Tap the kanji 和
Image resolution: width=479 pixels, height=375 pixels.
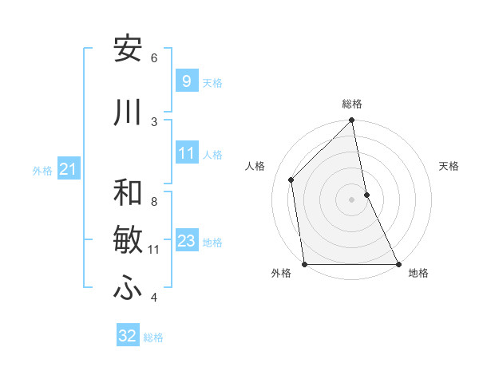[129, 192]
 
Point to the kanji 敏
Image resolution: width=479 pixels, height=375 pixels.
[129, 239]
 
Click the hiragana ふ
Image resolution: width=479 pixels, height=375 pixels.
[129, 289]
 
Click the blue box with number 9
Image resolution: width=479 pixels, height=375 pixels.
[186, 81]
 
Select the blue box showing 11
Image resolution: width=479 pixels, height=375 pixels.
[186, 154]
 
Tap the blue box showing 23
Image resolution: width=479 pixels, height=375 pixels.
[186, 242]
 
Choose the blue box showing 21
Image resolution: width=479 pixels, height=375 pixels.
[68, 169]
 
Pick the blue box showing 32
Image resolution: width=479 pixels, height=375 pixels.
[128, 336]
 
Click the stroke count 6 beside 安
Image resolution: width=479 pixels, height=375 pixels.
[154, 57]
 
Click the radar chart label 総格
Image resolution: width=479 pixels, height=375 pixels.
[352, 104]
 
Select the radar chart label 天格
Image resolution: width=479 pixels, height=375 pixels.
[449, 167]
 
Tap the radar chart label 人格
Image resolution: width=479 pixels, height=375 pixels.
[255, 167]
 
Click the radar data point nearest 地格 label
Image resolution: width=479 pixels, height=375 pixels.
[398, 264]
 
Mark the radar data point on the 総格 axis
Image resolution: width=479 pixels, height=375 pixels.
[352, 121]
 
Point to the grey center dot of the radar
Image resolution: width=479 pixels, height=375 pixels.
[352, 199]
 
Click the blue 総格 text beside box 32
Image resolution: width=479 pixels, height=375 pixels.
[153, 337]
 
